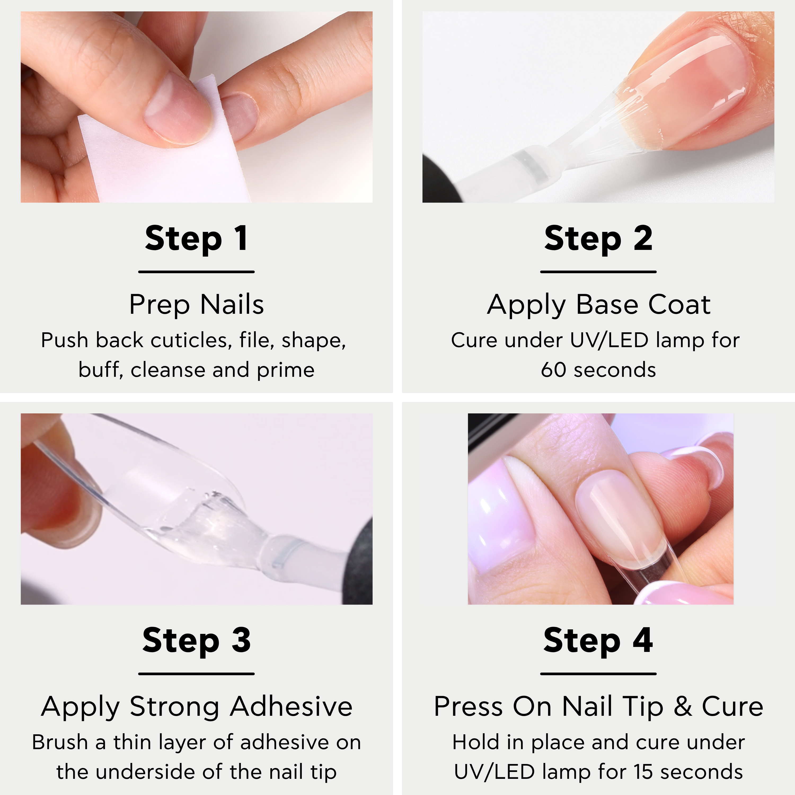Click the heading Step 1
pyautogui.click(x=196, y=239)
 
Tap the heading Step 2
pyautogui.click(x=598, y=239)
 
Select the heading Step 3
pyautogui.click(x=196, y=641)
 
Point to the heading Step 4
pyautogui.click(x=598, y=641)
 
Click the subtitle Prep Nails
pyautogui.click(x=196, y=305)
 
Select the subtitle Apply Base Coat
pyautogui.click(x=599, y=305)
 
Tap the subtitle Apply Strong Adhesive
pyautogui.click(x=197, y=707)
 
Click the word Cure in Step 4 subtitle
pyautogui.click(x=732, y=707)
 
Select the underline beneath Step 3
pyautogui.click(x=196, y=674)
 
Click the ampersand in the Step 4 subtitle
pyautogui.click(x=683, y=707)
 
